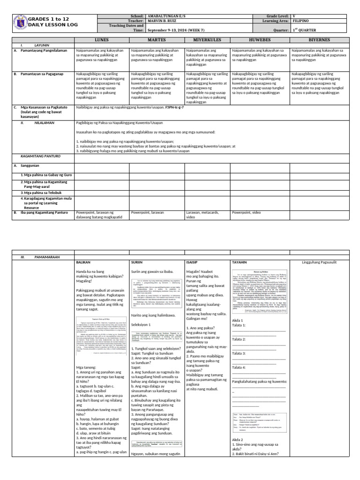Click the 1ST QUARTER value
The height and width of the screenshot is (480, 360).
tap(304, 30)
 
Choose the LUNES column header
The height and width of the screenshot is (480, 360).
tap(102, 40)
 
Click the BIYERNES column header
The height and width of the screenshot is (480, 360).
tap(318, 40)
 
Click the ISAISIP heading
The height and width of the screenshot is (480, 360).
tap(193, 262)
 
